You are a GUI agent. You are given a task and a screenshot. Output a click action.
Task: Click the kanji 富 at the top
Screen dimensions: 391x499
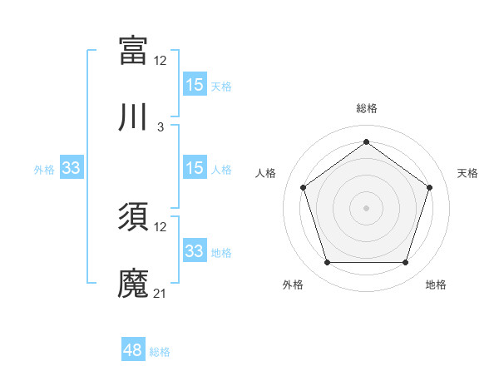(x=133, y=50)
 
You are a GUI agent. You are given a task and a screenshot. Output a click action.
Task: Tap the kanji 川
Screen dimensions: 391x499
(x=133, y=118)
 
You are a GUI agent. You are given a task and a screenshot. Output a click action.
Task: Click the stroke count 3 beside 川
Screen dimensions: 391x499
(x=161, y=127)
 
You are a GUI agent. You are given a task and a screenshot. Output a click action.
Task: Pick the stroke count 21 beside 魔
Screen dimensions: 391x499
(x=161, y=294)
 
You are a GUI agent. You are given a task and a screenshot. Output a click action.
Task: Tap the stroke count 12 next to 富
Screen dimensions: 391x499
(x=161, y=60)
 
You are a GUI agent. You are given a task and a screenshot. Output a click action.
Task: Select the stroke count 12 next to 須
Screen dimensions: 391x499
(x=161, y=226)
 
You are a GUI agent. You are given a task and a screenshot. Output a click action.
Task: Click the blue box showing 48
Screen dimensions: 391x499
(x=133, y=350)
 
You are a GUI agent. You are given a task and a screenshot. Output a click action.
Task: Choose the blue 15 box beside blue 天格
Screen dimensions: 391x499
(x=195, y=85)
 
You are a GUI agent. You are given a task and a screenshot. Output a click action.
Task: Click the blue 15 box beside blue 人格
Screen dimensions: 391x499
(x=195, y=169)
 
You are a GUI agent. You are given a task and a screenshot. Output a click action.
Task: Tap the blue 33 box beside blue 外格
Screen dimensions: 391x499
(x=72, y=169)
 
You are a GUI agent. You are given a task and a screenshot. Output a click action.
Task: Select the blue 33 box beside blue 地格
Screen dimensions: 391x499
(x=195, y=251)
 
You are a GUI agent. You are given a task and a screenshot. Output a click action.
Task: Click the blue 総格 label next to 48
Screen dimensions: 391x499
(x=160, y=352)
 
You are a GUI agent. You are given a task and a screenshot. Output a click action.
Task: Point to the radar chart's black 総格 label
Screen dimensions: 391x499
(x=367, y=108)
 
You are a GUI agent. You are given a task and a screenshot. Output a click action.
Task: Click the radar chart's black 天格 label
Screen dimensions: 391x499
(x=467, y=173)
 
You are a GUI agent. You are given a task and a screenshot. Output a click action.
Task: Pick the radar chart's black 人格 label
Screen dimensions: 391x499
(x=266, y=173)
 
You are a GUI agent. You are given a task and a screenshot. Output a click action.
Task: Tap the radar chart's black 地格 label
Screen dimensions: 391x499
(x=436, y=285)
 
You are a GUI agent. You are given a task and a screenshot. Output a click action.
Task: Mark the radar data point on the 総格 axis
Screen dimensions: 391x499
(x=367, y=142)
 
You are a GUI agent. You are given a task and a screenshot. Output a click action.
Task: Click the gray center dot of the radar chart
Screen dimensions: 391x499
(x=367, y=207)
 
